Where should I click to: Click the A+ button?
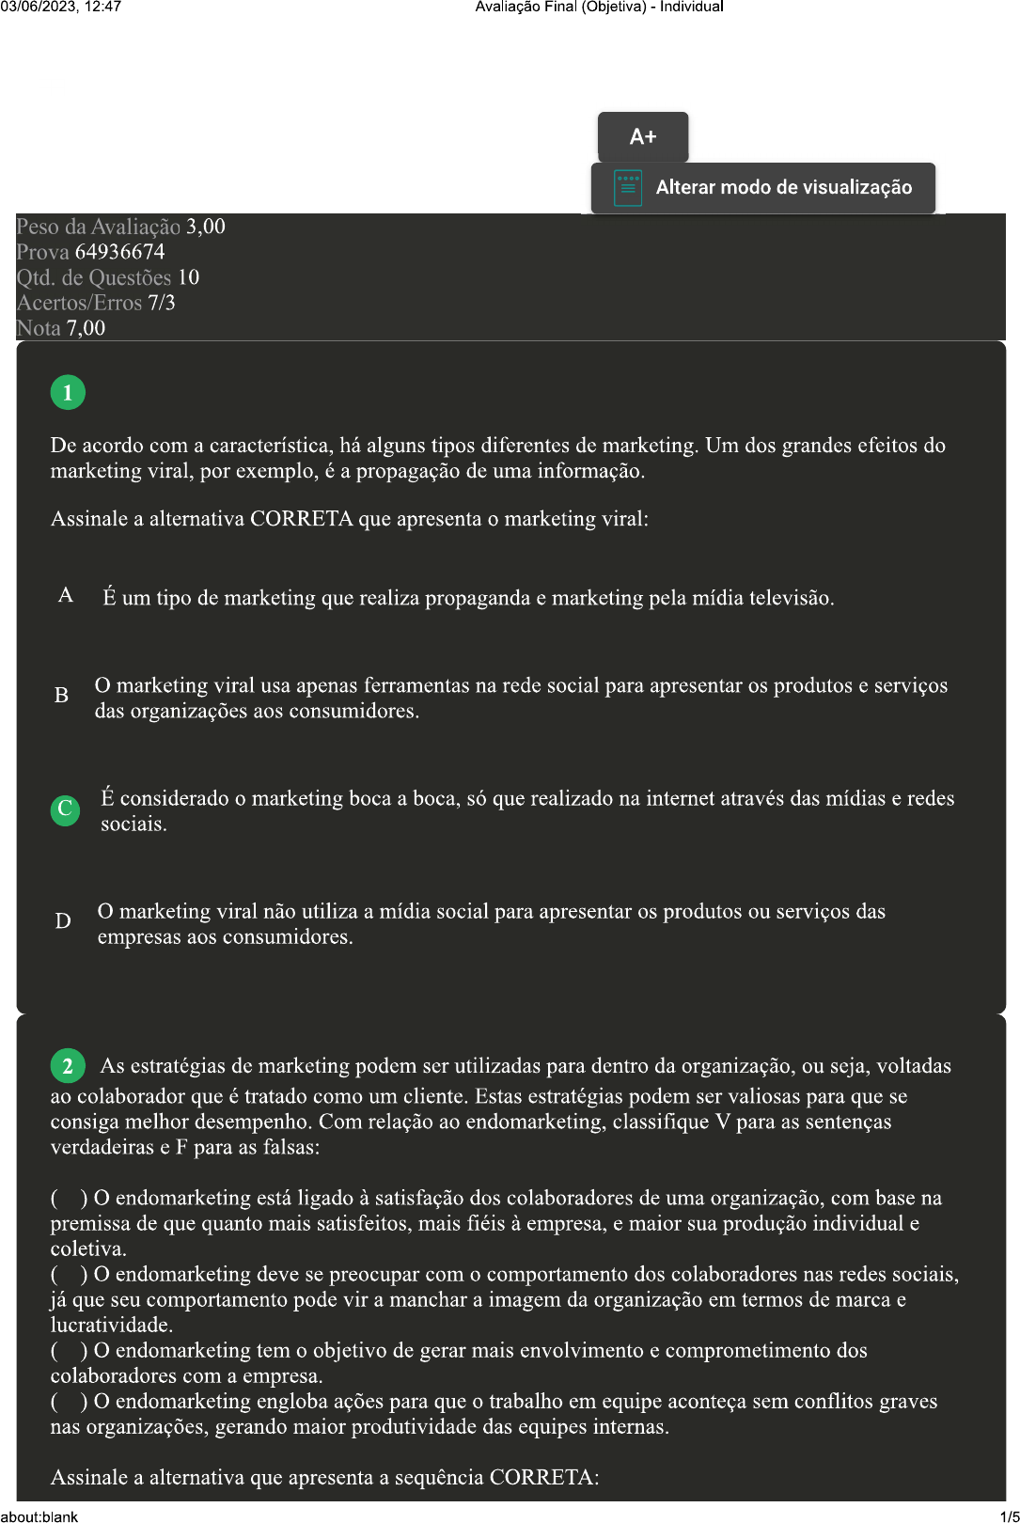pyautogui.click(x=643, y=137)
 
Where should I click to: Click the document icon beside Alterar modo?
pyautogui.click(x=627, y=188)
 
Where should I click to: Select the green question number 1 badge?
pyautogui.click(x=68, y=392)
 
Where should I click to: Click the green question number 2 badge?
pyautogui.click(x=68, y=1066)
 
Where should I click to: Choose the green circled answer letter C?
pyautogui.click(x=65, y=809)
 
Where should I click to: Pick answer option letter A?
pyautogui.click(x=66, y=595)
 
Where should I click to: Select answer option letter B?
pyautogui.click(x=62, y=696)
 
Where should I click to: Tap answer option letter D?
pyautogui.click(x=63, y=921)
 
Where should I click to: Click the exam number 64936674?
pyautogui.click(x=119, y=252)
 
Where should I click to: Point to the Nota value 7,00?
pyautogui.click(x=86, y=328)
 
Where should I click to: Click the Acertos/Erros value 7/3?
pyautogui.click(x=161, y=303)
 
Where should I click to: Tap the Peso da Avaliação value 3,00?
pyautogui.click(x=205, y=227)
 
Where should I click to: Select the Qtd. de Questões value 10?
pyautogui.click(x=188, y=277)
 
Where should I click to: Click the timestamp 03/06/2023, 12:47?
pyautogui.click(x=61, y=7)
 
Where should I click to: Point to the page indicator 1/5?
pyautogui.click(x=1010, y=1515)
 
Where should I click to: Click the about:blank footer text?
pyautogui.click(x=39, y=1515)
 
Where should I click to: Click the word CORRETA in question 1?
pyautogui.click(x=301, y=519)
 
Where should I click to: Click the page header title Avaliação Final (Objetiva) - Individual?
pyautogui.click(x=599, y=7)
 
